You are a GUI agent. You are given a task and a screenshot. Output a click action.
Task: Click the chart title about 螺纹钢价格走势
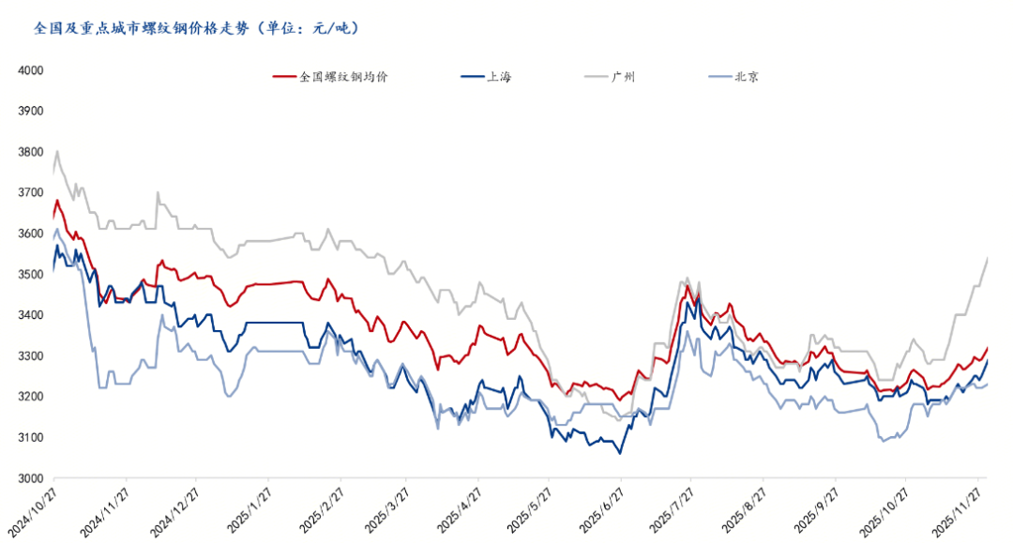tap(195, 28)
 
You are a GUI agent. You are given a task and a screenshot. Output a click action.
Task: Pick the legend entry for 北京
tap(747, 77)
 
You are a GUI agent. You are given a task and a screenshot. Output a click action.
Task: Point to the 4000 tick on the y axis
tap(32, 70)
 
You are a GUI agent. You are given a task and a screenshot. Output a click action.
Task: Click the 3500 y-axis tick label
tap(32, 274)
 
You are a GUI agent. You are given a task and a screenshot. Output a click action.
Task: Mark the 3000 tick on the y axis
tap(32, 478)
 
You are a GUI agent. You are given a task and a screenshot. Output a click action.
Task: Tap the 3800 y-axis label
tap(32, 152)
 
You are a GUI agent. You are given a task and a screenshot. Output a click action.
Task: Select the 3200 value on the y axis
tap(32, 397)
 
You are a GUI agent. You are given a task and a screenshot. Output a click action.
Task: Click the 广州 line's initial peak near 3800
tap(57, 151)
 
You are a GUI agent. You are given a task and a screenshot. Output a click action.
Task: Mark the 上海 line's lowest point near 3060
tap(619, 454)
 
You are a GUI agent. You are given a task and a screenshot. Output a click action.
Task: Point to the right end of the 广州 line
tap(988, 257)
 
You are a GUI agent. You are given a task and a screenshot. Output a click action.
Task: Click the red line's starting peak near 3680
tap(57, 200)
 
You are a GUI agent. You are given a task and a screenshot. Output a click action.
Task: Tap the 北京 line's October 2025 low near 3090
tap(885, 441)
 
